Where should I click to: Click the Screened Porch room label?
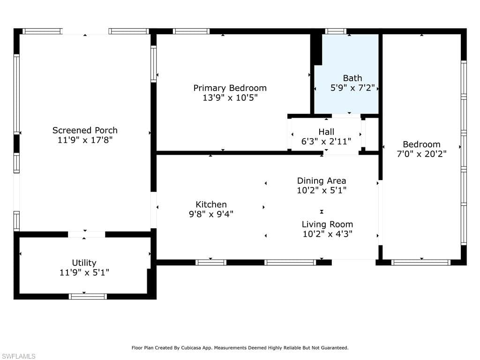coord(85,130)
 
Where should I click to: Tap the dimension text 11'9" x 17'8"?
coord(85,140)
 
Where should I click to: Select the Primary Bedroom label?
coord(230,88)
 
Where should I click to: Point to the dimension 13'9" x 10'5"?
coord(230,98)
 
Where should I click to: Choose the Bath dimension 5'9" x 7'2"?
coord(352,88)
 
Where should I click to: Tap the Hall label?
coord(326,132)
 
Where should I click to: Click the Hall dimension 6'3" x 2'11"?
coord(326,141)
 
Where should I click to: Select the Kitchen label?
coord(211,204)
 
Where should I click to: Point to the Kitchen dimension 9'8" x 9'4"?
coord(211,214)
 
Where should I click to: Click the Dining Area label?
coord(322,180)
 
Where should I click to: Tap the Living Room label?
coord(327,224)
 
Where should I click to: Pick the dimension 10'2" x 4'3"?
coord(327,234)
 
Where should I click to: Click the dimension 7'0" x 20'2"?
coord(421,154)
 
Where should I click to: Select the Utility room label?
coord(84,263)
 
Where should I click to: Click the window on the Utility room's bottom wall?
coord(88,296)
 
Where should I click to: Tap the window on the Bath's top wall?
coord(336,31)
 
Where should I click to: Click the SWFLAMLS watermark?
coord(18,357)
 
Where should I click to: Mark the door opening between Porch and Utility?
coord(86,234)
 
